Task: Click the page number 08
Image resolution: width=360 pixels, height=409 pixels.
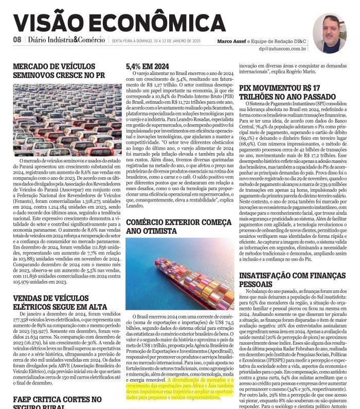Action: click(17, 40)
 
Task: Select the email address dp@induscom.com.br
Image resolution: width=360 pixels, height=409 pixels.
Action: click(283, 49)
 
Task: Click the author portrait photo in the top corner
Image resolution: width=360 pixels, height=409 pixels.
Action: click(329, 31)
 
